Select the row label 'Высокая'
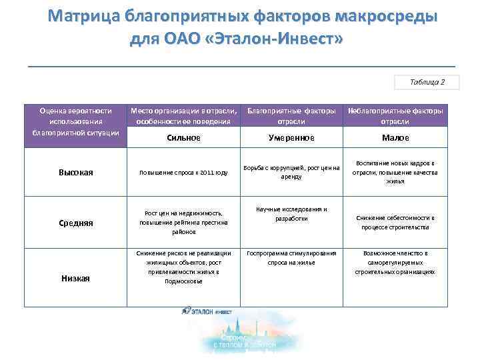click(x=75, y=173)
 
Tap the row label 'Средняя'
click(x=75, y=223)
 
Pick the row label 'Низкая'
click(x=75, y=277)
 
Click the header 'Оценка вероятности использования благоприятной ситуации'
click(x=75, y=121)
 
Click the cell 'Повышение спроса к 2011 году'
click(x=183, y=173)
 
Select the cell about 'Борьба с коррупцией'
click(x=291, y=172)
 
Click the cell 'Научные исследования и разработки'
click(x=291, y=214)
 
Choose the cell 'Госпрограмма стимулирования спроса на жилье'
click(x=291, y=258)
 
